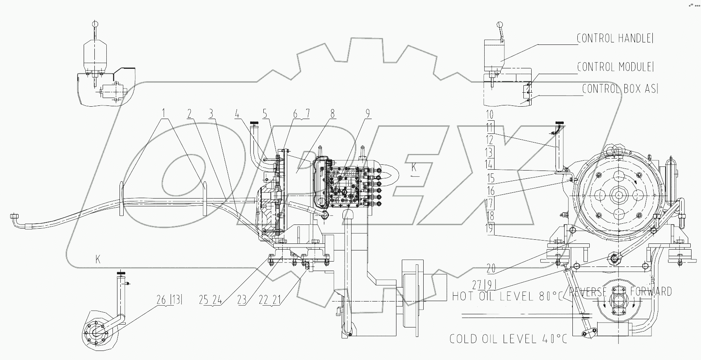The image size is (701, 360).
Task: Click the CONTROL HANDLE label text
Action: [615, 39]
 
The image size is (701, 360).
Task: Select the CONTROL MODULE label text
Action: [615, 67]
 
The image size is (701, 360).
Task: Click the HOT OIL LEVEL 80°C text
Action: [507, 296]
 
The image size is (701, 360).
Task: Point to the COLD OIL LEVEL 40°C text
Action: [508, 339]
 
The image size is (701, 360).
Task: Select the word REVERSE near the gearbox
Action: [588, 292]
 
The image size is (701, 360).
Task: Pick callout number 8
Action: [332, 113]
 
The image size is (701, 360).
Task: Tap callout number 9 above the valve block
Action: [367, 113]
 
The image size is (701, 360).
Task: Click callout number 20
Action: [490, 269]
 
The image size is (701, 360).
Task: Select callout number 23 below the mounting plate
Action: [242, 301]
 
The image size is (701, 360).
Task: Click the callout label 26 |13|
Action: [169, 300]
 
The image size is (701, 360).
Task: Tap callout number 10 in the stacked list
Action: [490, 114]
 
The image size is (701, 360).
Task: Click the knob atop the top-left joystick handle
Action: [95, 23]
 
